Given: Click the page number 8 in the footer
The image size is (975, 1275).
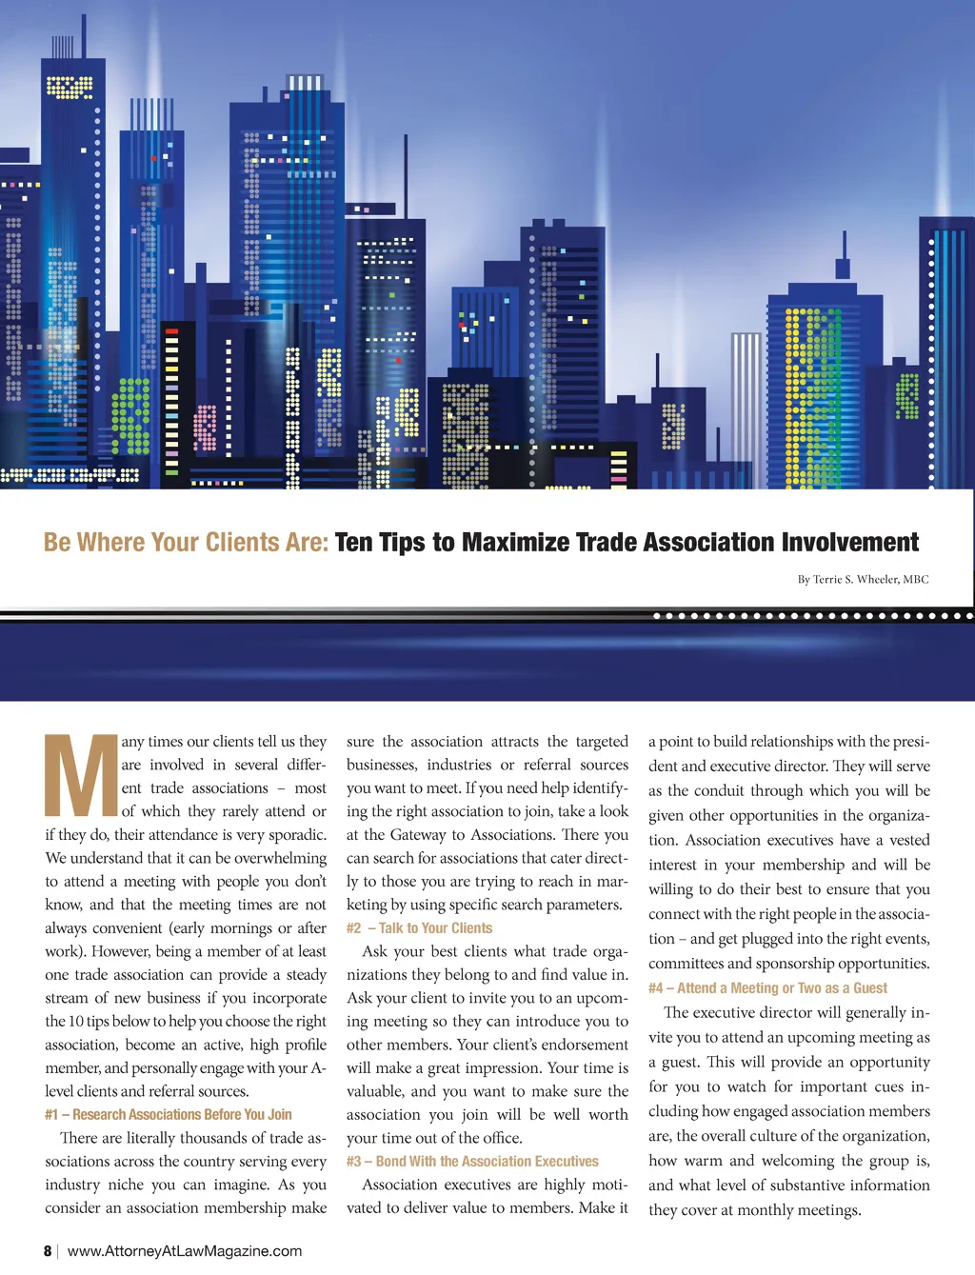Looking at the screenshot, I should (48, 1251).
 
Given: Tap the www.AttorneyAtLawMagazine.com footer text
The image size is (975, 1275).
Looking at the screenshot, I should (185, 1251).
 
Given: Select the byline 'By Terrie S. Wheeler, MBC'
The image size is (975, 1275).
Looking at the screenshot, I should (863, 579).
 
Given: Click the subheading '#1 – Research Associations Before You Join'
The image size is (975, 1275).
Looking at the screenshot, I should (169, 1115).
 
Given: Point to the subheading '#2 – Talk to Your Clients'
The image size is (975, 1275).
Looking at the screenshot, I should (420, 928).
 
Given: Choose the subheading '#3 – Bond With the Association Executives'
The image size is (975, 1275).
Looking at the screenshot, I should (472, 1162).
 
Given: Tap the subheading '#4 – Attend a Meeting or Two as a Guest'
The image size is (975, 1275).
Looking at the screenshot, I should (767, 988).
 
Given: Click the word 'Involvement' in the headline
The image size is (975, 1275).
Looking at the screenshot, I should (849, 543).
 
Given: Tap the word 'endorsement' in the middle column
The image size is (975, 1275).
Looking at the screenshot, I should (585, 1045).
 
